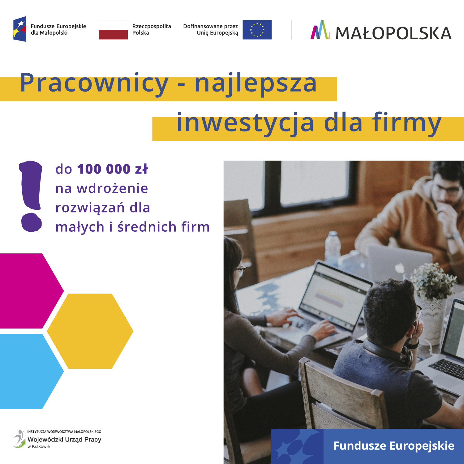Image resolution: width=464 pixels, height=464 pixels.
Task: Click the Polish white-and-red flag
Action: (113, 30)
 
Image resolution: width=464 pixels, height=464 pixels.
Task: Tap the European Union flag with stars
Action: (257, 30)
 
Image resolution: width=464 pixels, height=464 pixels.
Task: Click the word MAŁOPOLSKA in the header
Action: (393, 33)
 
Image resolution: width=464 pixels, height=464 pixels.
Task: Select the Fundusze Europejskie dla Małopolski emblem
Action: (20, 29)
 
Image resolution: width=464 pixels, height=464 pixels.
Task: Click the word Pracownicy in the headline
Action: (94, 84)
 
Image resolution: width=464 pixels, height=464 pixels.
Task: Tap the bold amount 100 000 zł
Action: (113, 169)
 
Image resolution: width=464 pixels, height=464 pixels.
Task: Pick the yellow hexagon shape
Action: (90, 331)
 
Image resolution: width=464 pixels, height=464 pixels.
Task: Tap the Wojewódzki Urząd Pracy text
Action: (64, 440)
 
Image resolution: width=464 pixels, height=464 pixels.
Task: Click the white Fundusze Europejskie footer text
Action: (394, 446)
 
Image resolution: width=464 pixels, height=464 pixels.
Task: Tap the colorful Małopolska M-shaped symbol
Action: (320, 30)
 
